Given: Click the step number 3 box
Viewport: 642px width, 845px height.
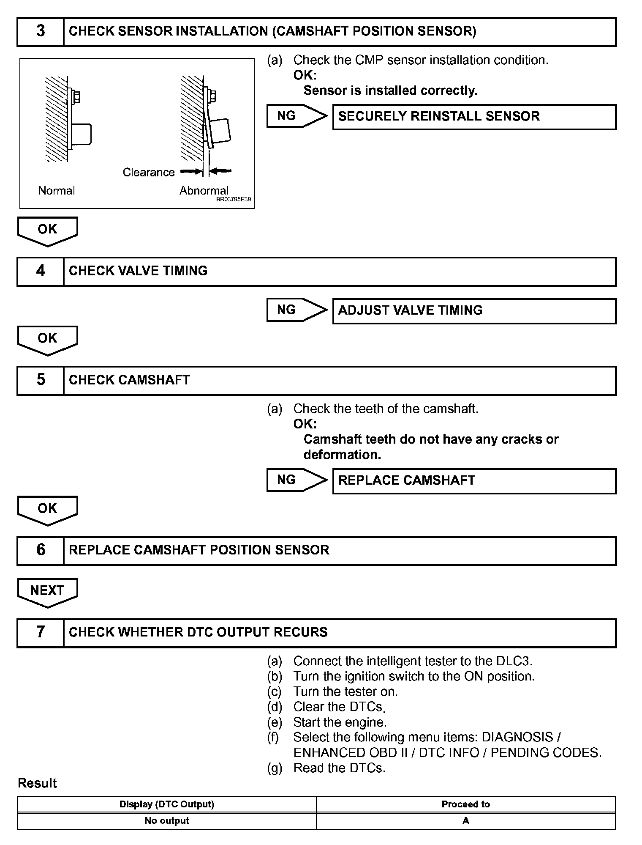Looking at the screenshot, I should point(41,32).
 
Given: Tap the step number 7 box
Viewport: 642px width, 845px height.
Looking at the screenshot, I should point(41,633).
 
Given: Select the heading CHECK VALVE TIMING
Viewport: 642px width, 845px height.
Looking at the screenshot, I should point(138,271).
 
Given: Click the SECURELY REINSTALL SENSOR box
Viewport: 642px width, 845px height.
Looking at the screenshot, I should point(474,117).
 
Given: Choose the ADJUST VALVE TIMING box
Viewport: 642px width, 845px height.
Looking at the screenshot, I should point(474,311).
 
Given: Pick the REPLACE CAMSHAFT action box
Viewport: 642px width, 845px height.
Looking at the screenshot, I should point(474,481).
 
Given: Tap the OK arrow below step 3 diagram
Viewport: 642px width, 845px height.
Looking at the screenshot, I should point(47,231).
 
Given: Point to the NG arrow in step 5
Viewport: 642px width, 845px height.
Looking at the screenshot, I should point(297,480).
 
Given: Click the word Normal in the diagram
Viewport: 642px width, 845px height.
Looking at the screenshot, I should point(56,191).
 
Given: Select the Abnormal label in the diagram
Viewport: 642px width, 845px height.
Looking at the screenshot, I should point(204,191).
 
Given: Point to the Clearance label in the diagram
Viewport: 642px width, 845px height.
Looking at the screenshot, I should point(148,173).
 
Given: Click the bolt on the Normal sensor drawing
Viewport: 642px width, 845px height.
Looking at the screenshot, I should point(76,98).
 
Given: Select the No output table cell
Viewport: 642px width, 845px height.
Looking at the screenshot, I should point(167,821).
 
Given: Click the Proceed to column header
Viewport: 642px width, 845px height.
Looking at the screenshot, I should point(465,804).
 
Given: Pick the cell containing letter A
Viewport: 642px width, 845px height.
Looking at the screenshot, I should point(465,821).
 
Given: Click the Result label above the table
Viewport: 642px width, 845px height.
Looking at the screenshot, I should point(37,783).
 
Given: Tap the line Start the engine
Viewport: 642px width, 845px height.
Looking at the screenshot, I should point(340,722).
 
